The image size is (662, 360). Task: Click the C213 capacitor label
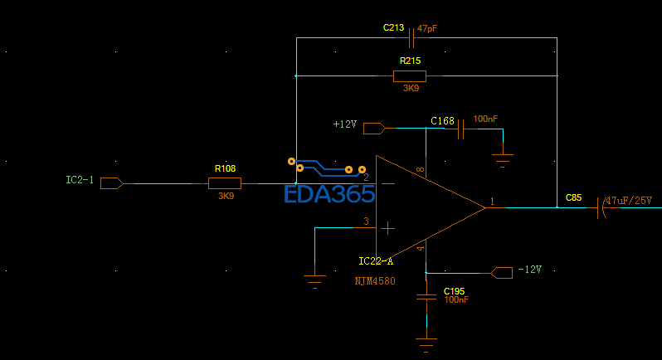(393, 28)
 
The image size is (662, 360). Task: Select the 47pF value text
(427, 28)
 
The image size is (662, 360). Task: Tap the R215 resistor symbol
(410, 75)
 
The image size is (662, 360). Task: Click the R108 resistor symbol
(224, 183)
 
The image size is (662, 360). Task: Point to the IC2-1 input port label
(80, 180)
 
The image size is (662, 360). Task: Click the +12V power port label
(344, 124)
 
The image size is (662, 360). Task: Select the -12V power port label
(529, 270)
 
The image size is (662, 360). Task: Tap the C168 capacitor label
(442, 121)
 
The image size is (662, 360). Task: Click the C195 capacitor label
(454, 291)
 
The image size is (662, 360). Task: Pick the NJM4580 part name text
(376, 281)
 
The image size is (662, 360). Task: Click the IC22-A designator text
(376, 261)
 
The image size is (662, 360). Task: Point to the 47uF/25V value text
(629, 201)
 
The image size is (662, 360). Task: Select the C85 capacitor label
(573, 197)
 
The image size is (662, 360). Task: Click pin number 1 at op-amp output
(492, 202)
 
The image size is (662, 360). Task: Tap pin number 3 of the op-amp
(366, 221)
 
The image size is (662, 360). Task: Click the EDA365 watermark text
(329, 195)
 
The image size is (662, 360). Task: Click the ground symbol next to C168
(502, 158)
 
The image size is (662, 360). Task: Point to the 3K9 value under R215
(411, 88)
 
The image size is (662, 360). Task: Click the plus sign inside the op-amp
(387, 226)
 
